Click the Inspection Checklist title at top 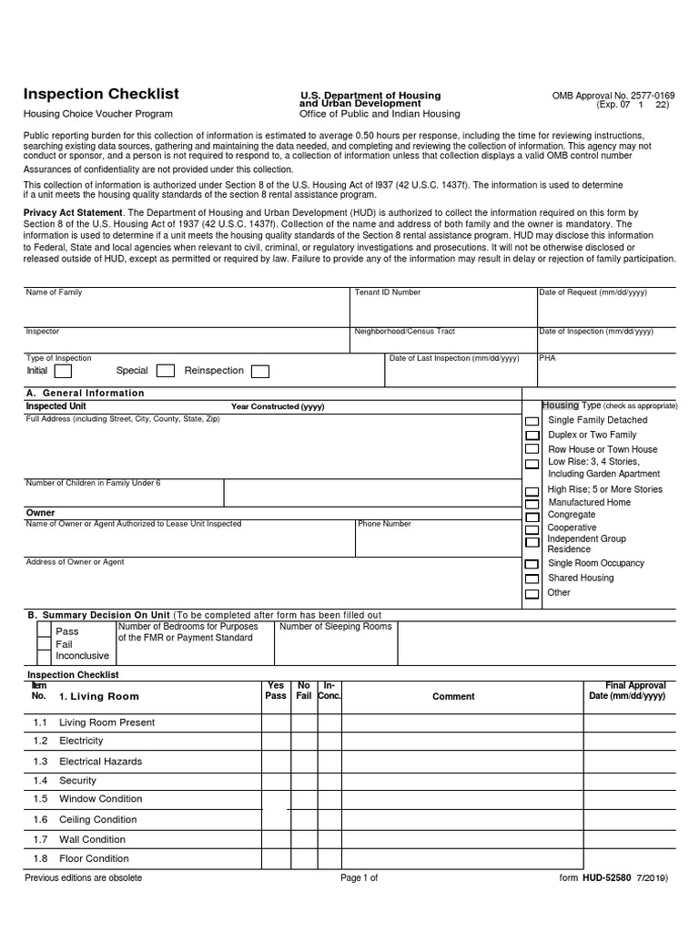[101, 94]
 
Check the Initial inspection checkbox [63, 371]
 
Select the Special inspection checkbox [166, 371]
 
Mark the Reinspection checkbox [259, 371]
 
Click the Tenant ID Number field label [387, 292]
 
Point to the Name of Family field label [54, 292]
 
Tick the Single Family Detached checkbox [532, 421]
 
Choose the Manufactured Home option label [589, 502]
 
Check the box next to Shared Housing [532, 579]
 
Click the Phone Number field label [384, 524]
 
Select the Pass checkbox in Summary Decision [44, 631]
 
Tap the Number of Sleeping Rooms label [335, 626]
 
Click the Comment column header [453, 696]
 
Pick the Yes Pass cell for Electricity [275, 742]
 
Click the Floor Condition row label [94, 858]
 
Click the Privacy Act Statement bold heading [72, 212]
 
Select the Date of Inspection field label [595, 332]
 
